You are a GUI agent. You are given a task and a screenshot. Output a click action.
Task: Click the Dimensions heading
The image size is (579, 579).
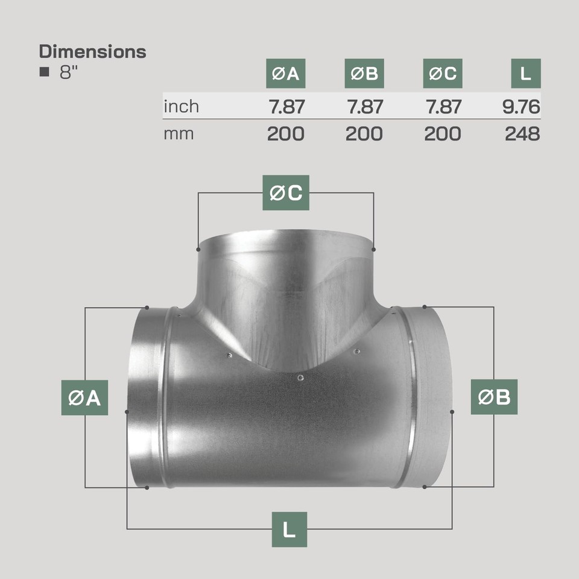click(92, 51)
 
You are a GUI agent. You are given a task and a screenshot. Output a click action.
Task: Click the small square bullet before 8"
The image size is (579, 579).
click(43, 72)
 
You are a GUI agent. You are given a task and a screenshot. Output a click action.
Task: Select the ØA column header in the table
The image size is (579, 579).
click(285, 74)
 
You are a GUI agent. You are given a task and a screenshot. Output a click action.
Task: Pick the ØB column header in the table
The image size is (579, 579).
click(364, 74)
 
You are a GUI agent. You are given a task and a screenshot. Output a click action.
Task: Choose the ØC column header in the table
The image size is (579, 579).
click(442, 74)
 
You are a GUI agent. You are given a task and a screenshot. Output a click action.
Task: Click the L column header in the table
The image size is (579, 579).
click(525, 74)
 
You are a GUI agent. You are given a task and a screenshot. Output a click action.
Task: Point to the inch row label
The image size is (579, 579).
click(181, 107)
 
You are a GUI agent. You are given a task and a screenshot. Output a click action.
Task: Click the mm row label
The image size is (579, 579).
click(179, 133)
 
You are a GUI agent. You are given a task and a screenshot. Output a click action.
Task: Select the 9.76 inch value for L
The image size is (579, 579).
click(521, 107)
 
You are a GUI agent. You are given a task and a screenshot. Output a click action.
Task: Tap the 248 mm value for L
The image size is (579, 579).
click(522, 133)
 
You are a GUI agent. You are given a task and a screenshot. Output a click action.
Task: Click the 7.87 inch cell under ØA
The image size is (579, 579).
click(286, 107)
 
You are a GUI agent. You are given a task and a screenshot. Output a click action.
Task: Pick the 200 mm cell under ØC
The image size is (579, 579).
click(442, 133)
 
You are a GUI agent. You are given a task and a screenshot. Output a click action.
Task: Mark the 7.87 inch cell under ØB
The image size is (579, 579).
click(364, 107)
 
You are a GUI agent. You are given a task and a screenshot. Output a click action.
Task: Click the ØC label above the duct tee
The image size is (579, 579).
click(285, 192)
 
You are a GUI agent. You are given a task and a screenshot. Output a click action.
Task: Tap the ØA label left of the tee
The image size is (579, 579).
click(84, 397)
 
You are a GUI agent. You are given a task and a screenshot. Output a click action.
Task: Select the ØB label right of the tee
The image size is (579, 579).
click(494, 397)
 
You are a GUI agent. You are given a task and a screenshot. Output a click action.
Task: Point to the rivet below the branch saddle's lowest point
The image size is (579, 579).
click(300, 378)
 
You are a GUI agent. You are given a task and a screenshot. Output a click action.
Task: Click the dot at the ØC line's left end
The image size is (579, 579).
click(198, 248)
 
